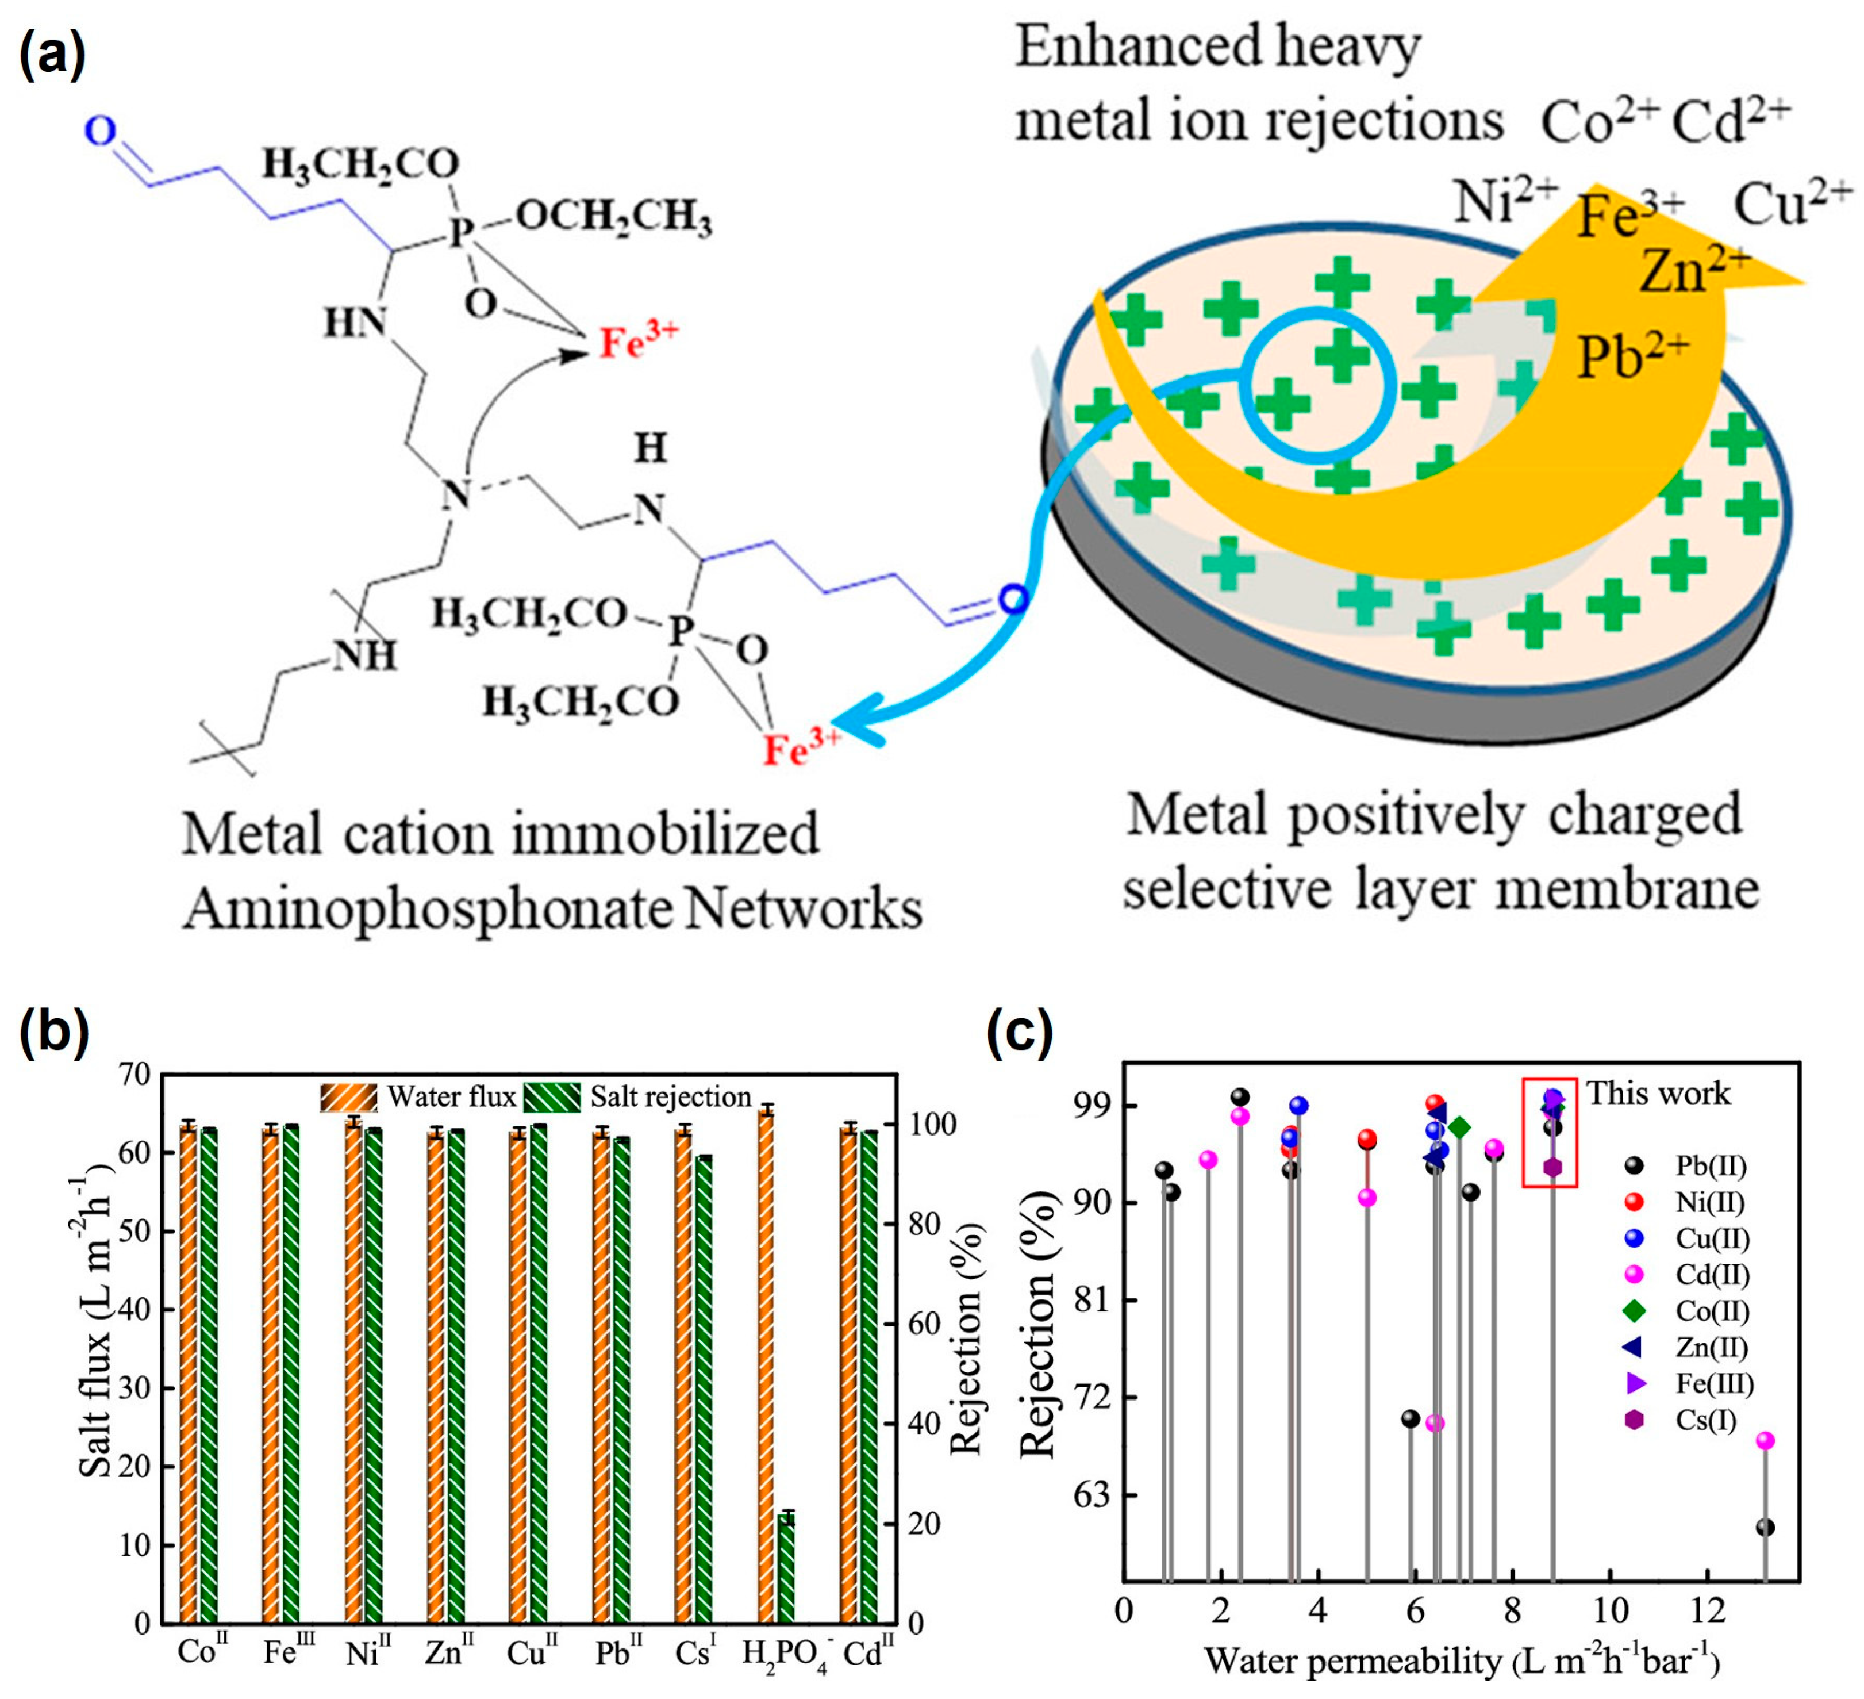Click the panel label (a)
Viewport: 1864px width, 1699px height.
(x=53, y=53)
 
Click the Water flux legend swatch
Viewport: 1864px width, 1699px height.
(x=348, y=1097)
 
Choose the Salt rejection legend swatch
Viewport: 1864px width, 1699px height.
(x=552, y=1097)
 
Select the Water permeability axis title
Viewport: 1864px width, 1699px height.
(x=1462, y=1662)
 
